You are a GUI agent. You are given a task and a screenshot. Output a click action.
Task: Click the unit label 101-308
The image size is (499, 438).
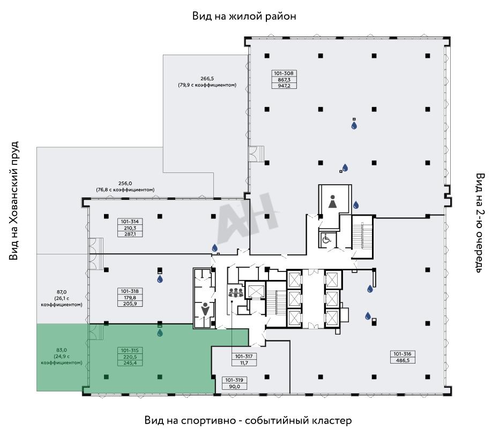tap(284, 73)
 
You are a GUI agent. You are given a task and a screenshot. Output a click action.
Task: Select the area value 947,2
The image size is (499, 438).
tap(284, 86)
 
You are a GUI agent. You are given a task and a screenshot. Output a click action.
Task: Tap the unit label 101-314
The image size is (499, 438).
tap(130, 222)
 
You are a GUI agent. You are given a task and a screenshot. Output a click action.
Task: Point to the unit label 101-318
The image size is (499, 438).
tap(130, 291)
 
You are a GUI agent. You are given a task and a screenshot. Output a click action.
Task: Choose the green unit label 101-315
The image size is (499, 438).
tap(130, 350)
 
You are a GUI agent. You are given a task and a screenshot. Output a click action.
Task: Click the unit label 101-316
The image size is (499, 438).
tap(402, 354)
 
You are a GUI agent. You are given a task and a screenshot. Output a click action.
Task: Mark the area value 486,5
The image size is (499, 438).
tap(403, 360)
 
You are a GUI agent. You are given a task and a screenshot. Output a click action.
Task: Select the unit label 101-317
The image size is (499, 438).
tap(244, 356)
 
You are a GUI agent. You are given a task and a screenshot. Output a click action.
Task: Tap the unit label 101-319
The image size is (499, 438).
tap(234, 380)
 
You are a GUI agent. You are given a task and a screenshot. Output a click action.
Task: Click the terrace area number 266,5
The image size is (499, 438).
tap(207, 79)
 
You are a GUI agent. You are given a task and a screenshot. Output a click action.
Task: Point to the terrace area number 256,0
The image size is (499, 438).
tap(125, 184)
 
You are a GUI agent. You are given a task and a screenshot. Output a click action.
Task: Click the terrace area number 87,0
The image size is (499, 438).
tap(62, 292)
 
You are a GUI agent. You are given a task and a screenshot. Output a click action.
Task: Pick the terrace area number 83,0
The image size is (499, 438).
tap(62, 350)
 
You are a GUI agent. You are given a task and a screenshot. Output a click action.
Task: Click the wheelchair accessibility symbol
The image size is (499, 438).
tap(326, 239)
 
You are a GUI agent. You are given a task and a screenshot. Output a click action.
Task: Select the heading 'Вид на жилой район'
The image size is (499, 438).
tap(244, 16)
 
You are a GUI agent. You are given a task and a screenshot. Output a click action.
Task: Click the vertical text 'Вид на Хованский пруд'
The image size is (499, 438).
tap(14, 201)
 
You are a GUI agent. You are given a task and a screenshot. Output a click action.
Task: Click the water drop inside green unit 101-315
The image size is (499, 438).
tap(160, 333)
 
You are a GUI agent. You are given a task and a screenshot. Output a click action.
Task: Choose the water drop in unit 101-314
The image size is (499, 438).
tap(215, 247)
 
